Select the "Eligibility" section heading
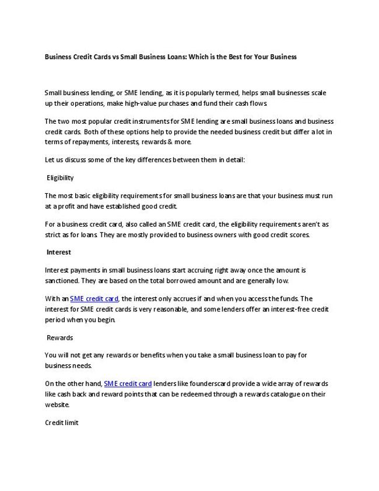(x=60, y=177)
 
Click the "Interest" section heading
(x=59, y=252)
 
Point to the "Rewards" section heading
(x=59, y=337)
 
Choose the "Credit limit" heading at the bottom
(x=61, y=422)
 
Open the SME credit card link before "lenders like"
(x=128, y=384)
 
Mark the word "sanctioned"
(x=63, y=281)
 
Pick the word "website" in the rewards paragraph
(x=57, y=405)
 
